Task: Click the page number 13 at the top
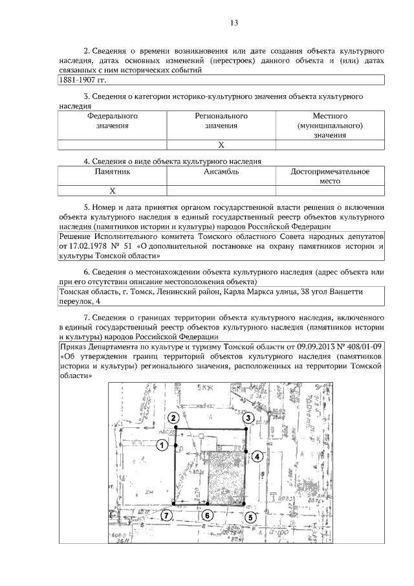(x=235, y=23)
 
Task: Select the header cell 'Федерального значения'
(x=113, y=121)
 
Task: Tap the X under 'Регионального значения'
(x=221, y=144)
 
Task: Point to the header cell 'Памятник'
(x=113, y=172)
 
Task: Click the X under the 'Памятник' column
(x=113, y=191)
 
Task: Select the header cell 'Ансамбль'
(x=221, y=172)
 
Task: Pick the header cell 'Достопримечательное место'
(x=330, y=177)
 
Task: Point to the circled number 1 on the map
(x=162, y=445)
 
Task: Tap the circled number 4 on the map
(x=257, y=456)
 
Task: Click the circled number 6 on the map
(x=206, y=515)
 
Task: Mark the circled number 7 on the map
(x=166, y=515)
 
